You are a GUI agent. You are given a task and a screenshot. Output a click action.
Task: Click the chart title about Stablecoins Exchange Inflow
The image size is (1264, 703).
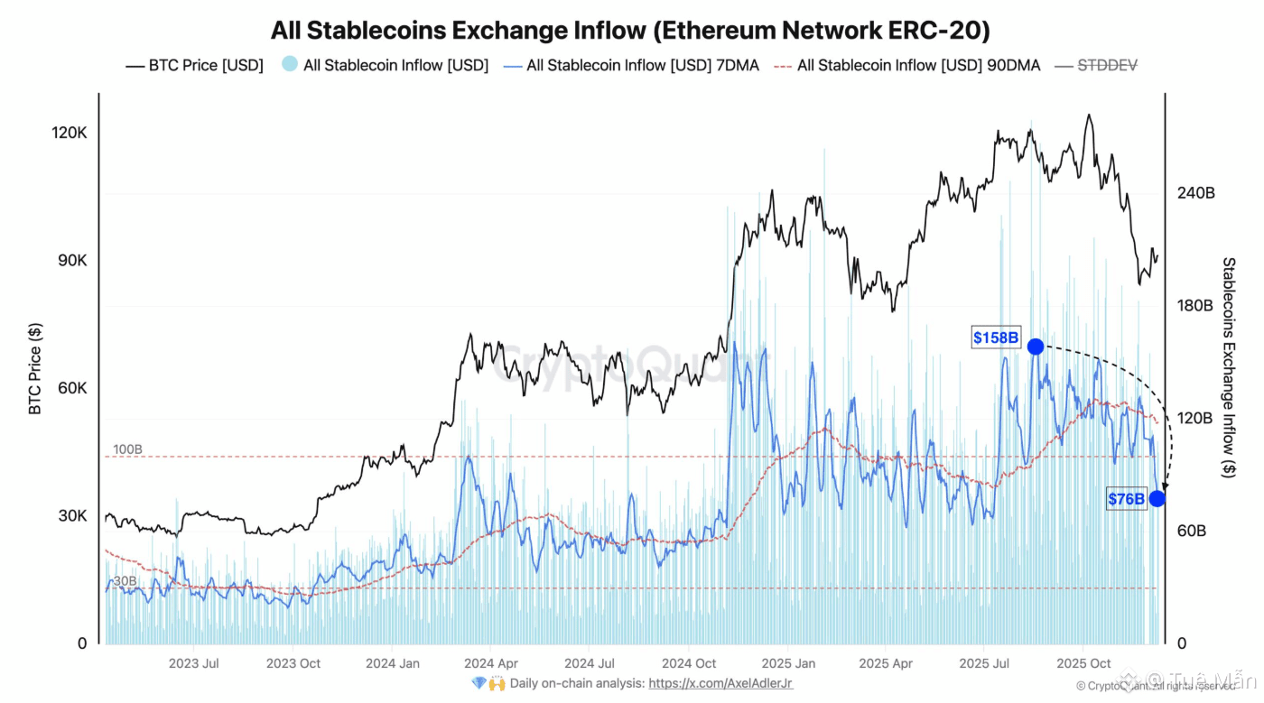(630, 30)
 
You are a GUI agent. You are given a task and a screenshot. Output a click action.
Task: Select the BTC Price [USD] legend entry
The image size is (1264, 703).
(194, 65)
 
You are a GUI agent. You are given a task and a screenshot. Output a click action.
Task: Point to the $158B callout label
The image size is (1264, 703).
(996, 338)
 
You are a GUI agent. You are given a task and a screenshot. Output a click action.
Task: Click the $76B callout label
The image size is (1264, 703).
(1126, 498)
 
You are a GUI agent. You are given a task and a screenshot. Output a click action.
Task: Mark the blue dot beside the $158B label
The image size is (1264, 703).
(1036, 347)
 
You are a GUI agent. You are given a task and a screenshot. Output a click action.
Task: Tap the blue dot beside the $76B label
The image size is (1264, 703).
(1157, 498)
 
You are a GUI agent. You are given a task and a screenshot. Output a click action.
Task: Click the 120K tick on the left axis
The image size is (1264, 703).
(70, 133)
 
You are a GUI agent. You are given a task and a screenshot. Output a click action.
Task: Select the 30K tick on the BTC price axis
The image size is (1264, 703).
(70, 516)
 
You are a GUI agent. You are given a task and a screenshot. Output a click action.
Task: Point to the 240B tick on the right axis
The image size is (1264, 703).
(1197, 193)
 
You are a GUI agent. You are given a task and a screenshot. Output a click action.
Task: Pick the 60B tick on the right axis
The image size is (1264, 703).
(1192, 532)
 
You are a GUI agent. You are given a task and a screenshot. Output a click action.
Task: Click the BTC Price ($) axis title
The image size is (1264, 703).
(35, 369)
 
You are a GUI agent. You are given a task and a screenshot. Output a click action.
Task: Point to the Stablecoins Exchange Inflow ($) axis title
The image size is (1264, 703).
(1229, 367)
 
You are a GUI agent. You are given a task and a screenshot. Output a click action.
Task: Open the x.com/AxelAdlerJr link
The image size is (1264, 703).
(720, 684)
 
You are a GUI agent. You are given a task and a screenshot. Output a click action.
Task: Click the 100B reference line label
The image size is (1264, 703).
(127, 449)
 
